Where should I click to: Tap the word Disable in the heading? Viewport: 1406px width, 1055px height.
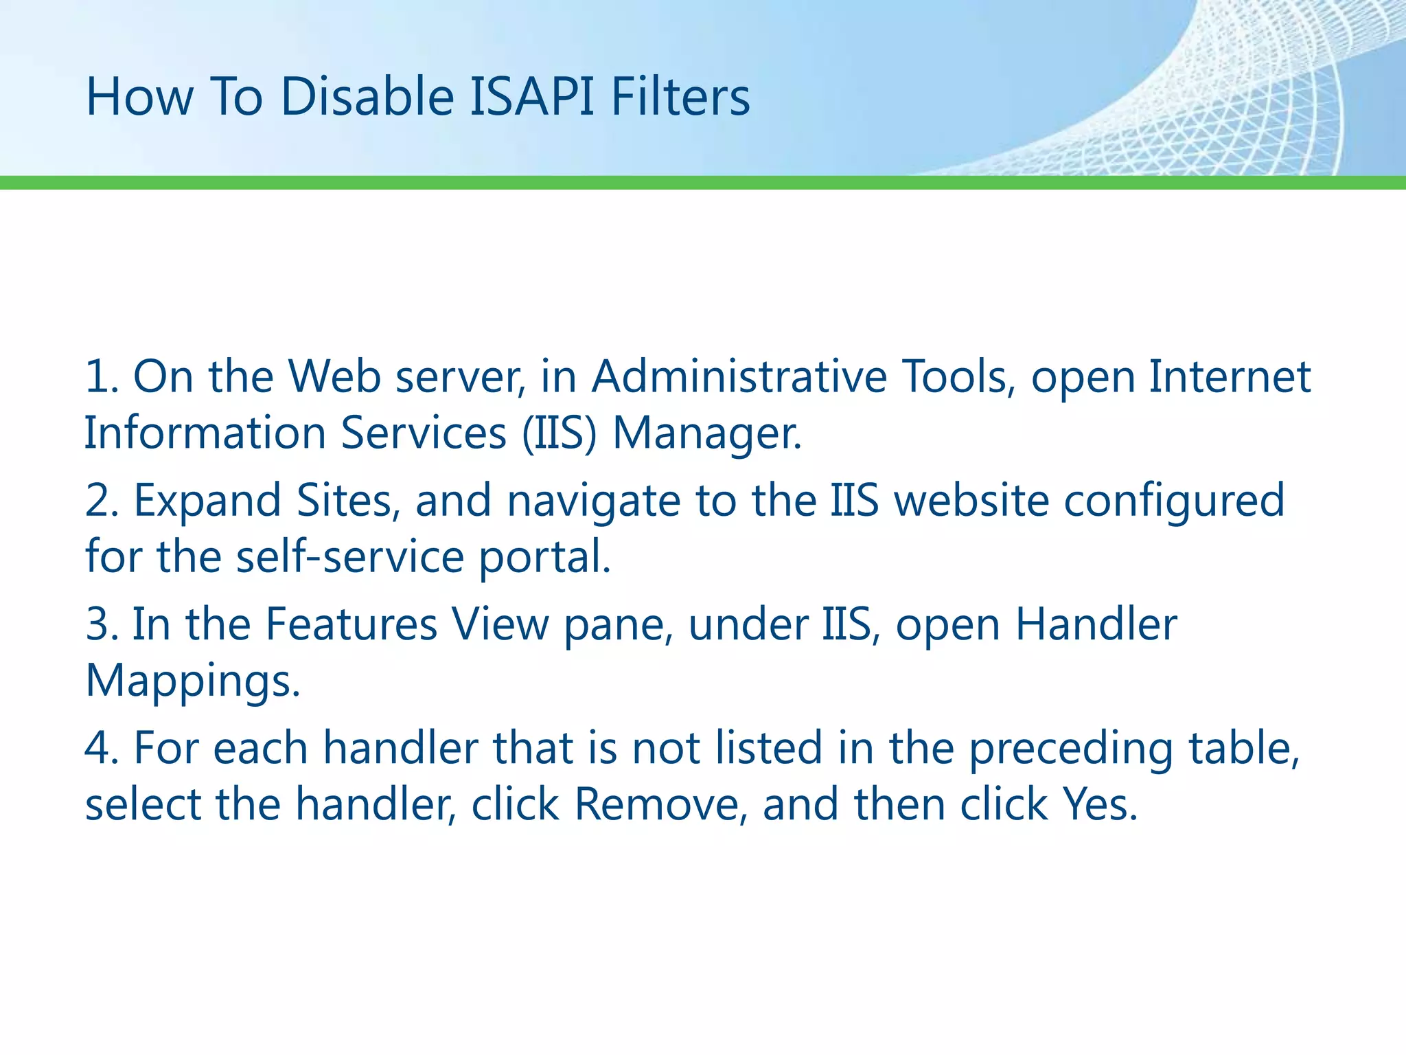tap(367, 97)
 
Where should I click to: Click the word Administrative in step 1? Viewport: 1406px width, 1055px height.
tap(739, 377)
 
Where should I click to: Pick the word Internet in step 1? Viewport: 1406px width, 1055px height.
tap(1230, 377)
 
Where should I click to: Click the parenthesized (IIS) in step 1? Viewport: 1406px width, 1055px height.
tap(559, 433)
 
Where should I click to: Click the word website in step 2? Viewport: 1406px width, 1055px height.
tap(971, 501)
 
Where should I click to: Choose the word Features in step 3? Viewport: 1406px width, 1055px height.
tap(351, 624)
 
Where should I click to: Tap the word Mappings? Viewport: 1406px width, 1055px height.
tap(192, 682)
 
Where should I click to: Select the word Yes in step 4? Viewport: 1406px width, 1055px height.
tap(1099, 804)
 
